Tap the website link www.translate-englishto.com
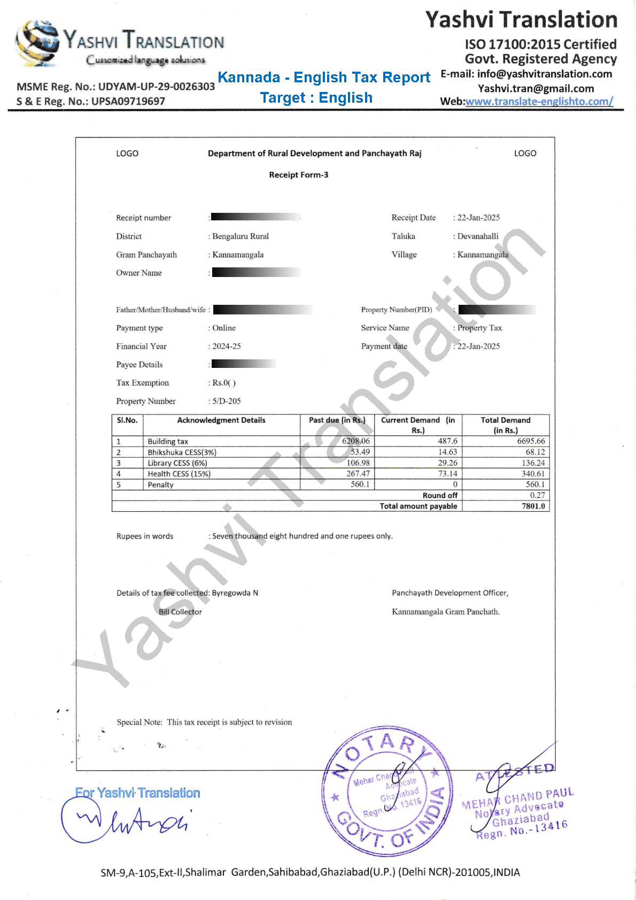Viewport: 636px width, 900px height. (x=539, y=102)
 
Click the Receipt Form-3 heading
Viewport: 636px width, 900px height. (x=299, y=175)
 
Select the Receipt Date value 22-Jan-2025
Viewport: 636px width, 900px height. (x=478, y=218)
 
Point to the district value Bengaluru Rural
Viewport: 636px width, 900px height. (x=241, y=236)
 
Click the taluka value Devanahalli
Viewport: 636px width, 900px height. (x=478, y=236)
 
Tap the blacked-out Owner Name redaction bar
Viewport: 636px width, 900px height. (x=257, y=273)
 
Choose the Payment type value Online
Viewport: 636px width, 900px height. (x=224, y=328)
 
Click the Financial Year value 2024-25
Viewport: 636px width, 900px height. (x=227, y=347)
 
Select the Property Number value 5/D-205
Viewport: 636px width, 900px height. (x=227, y=401)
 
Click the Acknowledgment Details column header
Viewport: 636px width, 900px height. (x=221, y=420)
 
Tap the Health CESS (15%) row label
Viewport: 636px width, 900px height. (x=179, y=474)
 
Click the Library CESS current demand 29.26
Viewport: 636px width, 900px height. (x=448, y=463)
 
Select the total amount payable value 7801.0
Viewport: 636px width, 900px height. (x=533, y=506)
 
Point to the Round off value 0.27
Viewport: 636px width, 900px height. (x=538, y=495)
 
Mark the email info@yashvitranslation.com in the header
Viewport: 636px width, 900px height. (x=544, y=74)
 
